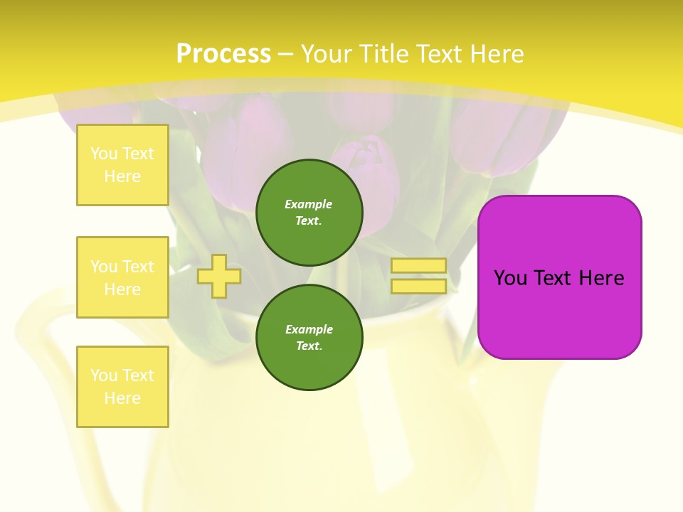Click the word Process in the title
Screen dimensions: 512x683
pos(223,54)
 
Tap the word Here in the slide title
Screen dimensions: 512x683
pos(493,54)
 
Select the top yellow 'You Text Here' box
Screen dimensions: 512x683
pos(122,165)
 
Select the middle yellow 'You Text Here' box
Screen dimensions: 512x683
pos(122,277)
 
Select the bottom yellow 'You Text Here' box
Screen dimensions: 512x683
pos(122,387)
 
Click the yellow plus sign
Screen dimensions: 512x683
pos(219,276)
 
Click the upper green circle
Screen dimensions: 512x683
pos(309,213)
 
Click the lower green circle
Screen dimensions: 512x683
pos(309,338)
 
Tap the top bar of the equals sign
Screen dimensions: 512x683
pos(418,266)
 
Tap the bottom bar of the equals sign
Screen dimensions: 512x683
pos(418,286)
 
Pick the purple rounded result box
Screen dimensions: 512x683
pos(559,313)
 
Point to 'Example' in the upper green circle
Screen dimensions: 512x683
pos(309,204)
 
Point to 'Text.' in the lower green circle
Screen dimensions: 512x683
pos(309,346)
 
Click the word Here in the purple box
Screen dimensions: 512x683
pos(601,278)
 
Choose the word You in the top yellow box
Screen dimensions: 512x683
pos(105,154)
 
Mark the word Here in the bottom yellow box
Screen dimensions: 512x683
pos(122,398)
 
